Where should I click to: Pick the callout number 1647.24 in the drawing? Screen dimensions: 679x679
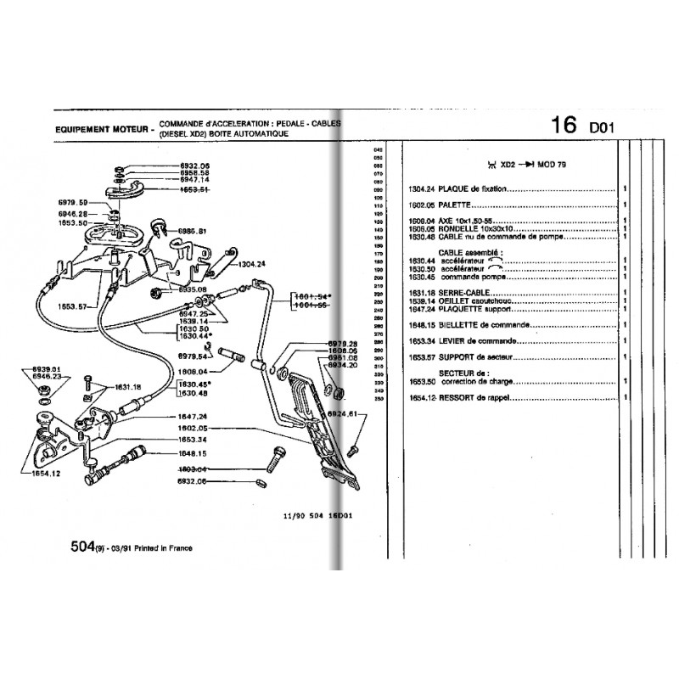[192, 417]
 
